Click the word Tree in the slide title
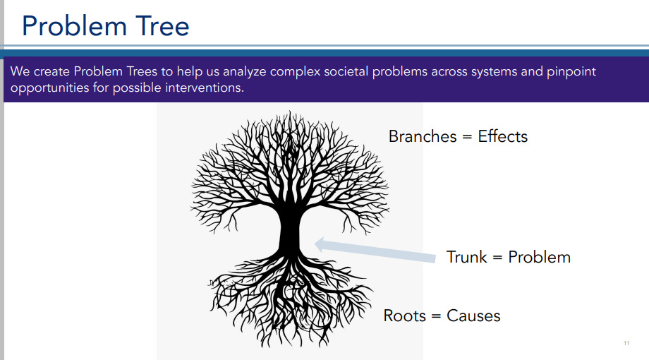coord(162,26)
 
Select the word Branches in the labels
coord(423,136)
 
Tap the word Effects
coord(502,136)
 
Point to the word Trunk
coord(466,257)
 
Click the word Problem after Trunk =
coord(539,257)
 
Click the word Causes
coord(473,316)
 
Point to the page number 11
coord(626,344)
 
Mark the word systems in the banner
coord(495,72)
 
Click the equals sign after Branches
coord(467,137)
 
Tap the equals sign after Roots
coord(437,316)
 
